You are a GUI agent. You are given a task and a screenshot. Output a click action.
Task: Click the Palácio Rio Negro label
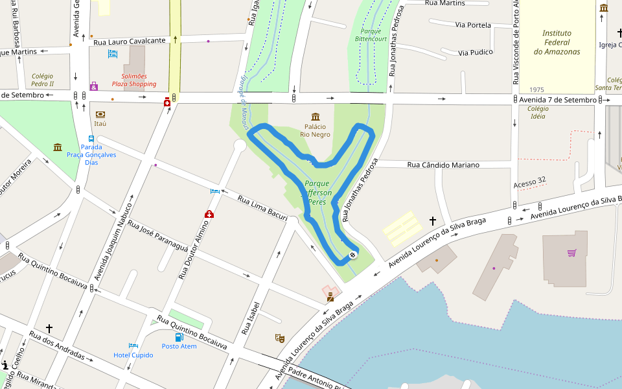coord(315,130)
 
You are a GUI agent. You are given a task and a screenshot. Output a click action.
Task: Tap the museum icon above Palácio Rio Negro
coord(316,117)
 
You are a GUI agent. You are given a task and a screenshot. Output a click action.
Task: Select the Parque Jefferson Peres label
coord(317,193)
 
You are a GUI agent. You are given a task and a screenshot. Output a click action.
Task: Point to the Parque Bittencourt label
coord(371,35)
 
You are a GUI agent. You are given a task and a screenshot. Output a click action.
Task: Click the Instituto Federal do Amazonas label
coord(557,42)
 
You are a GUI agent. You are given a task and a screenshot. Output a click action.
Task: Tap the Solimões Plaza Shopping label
coord(133,80)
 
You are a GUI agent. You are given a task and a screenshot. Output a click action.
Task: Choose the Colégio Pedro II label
coord(43,80)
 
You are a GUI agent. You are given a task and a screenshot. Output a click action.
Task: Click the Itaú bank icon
coord(100,114)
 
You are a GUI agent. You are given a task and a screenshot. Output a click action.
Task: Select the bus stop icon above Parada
coord(91,139)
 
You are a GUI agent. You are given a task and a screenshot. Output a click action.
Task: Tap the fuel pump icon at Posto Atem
coord(179,336)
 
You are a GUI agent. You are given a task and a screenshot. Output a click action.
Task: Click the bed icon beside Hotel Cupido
coord(133,346)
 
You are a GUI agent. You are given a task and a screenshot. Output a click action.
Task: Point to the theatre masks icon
coord(279,338)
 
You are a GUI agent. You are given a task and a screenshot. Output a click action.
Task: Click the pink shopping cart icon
coord(571,253)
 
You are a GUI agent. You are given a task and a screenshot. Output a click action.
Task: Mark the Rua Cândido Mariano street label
coord(443,165)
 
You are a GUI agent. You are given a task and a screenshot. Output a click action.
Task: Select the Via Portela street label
coord(473,25)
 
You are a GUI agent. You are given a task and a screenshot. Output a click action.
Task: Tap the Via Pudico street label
coord(476,52)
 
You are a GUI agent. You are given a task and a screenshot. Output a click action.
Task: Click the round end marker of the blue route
coord(353,255)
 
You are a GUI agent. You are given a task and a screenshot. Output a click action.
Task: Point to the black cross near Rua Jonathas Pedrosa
coord(433,221)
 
